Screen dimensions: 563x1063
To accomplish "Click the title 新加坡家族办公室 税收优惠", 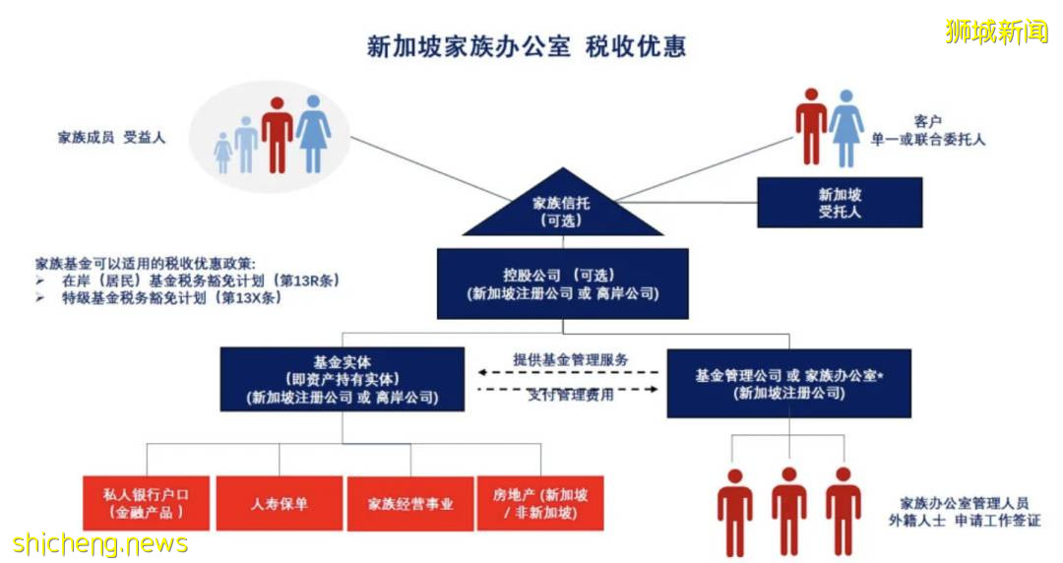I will point(526,47).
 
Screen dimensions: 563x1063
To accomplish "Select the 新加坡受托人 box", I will point(839,203).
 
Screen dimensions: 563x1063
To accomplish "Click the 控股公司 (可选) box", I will point(562,283).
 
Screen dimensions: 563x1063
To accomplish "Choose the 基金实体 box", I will point(342,380).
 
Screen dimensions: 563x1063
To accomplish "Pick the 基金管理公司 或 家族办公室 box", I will point(788,383).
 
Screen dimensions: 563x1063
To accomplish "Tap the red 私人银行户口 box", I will point(148,503).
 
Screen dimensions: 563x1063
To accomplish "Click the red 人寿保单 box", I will point(279,503).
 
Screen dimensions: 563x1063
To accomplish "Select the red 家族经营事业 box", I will point(410,503).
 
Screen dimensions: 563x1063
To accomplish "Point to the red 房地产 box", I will point(540,503).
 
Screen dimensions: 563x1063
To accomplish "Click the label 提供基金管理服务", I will point(570,359).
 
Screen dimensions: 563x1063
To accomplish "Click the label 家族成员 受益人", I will point(111,138).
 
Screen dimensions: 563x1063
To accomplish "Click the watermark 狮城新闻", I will point(996,31).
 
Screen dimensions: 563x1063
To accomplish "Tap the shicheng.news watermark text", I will point(99,543).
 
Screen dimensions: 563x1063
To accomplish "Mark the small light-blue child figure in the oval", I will point(223,152).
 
